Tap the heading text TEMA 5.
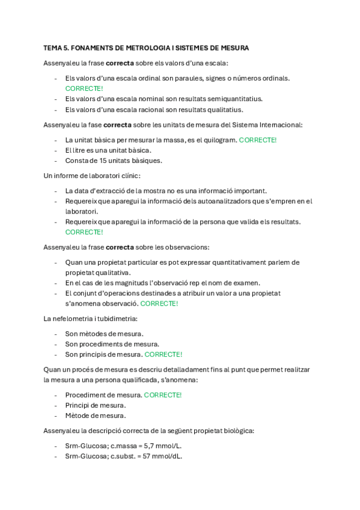pyautogui.click(x=56, y=48)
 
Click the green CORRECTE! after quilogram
pyautogui.click(x=258, y=140)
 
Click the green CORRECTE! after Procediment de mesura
pyautogui.click(x=162, y=395)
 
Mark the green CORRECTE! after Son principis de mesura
pyautogui.click(x=163, y=354)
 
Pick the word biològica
pyautogui.click(x=235, y=431)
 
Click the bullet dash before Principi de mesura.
pyautogui.click(x=56, y=405)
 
